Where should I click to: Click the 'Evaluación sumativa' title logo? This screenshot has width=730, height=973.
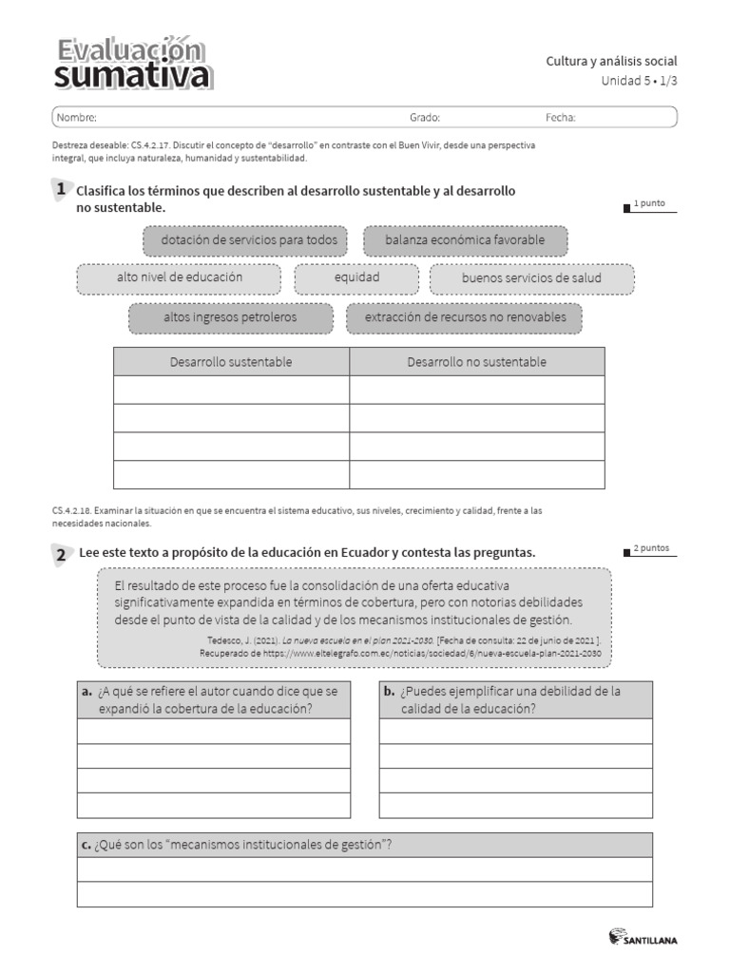(132, 65)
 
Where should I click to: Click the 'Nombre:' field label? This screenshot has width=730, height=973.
(76, 118)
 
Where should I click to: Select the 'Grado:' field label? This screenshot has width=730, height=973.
(424, 118)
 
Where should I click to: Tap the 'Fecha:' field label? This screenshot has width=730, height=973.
(560, 118)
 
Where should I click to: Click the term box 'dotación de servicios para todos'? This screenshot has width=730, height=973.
(249, 240)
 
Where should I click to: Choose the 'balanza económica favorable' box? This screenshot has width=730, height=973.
(465, 240)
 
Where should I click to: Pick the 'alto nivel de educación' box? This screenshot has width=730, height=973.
(179, 277)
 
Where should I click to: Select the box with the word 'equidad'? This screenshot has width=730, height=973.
(356, 277)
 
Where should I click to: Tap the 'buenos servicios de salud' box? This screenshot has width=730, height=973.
(531, 278)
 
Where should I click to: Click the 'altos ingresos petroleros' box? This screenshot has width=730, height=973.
(230, 317)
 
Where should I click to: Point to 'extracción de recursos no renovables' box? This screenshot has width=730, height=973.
(465, 317)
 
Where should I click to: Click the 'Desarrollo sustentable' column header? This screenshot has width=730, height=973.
(231, 362)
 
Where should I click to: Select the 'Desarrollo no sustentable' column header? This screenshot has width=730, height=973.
(476, 362)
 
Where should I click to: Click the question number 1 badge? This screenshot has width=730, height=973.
(61, 190)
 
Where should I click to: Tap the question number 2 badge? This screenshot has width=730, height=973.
(61, 554)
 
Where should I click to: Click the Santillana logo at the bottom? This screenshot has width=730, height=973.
(643, 939)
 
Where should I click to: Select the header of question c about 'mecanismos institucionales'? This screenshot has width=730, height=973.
(364, 845)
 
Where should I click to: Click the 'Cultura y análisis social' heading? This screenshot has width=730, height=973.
(611, 62)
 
